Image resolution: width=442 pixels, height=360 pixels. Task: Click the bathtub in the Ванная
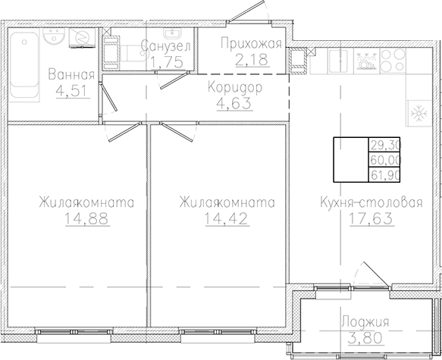click(x=24, y=66)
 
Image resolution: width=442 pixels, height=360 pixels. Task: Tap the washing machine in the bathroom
click(x=82, y=38)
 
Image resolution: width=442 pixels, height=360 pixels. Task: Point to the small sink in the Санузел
click(x=171, y=33)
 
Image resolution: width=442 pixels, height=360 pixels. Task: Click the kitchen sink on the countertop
click(x=340, y=61)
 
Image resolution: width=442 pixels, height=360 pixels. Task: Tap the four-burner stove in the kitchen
click(x=393, y=61)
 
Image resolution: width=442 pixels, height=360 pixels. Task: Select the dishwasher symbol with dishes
click(x=366, y=61)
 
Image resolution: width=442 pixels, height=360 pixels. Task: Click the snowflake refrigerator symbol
click(x=419, y=114)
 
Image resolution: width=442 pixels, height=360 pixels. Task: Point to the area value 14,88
click(x=87, y=218)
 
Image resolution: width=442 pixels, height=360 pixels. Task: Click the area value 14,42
click(x=227, y=218)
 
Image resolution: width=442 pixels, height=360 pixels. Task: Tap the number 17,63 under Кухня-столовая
click(x=371, y=218)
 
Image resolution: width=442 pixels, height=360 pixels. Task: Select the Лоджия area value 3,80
click(x=365, y=337)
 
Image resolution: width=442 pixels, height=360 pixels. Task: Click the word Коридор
click(x=235, y=88)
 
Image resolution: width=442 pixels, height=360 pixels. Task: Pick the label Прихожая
click(x=251, y=44)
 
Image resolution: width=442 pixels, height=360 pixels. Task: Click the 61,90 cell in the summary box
click(x=385, y=176)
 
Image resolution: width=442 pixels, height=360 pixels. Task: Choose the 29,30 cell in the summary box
click(x=385, y=145)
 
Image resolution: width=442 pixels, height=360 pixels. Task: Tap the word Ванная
click(x=71, y=75)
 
